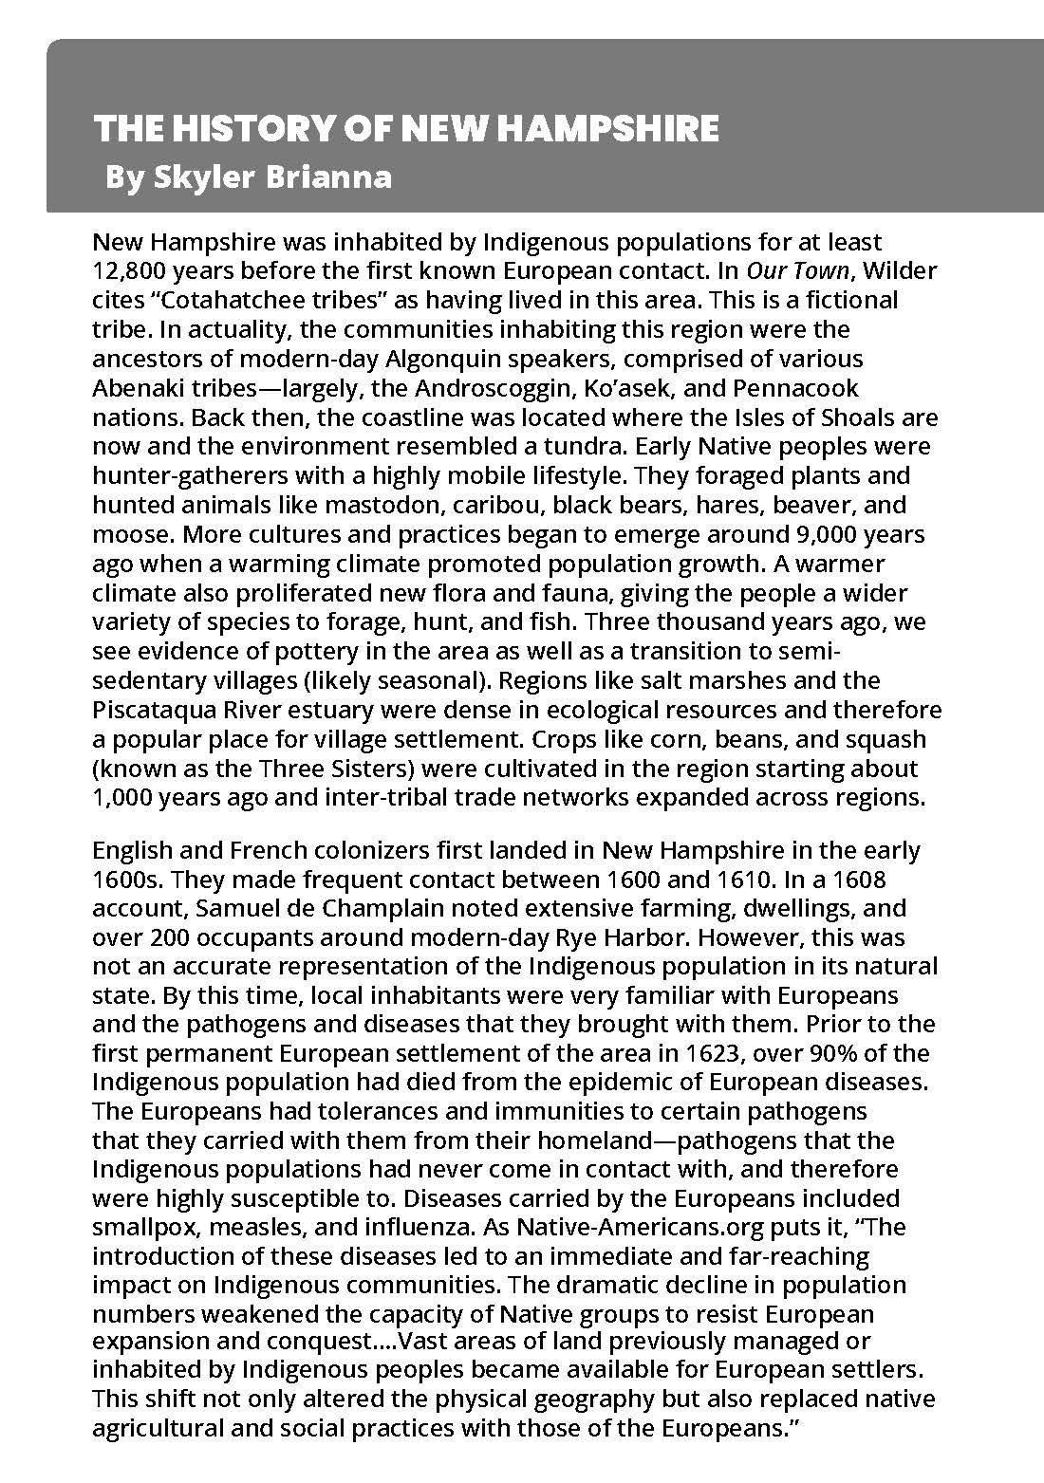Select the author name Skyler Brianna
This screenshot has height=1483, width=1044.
(x=272, y=176)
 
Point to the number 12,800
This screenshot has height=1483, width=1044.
(x=129, y=271)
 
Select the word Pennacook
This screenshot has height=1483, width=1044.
(x=802, y=388)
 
